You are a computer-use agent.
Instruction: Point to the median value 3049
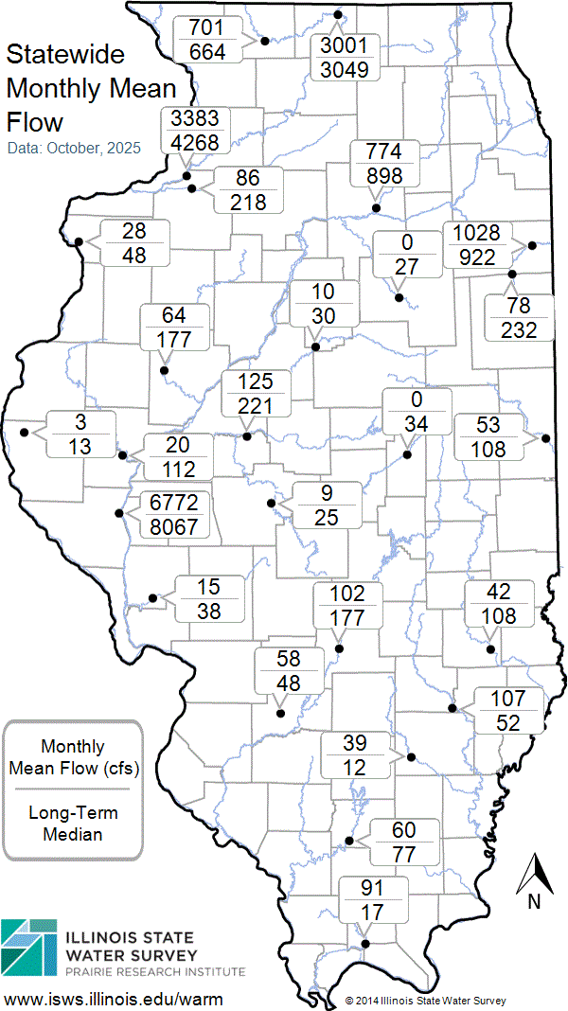[349, 69]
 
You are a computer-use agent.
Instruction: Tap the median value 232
[520, 329]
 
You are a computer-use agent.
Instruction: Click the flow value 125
[256, 381]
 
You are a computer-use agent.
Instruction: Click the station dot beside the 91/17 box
[365, 943]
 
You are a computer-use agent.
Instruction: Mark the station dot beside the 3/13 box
[24, 433]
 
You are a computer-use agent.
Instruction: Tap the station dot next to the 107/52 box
[453, 707]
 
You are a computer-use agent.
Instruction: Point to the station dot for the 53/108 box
[546, 437]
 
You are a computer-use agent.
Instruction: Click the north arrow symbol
[534, 875]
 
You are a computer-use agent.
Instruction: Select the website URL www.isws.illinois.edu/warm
[115, 999]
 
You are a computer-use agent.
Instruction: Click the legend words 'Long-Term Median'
[72, 824]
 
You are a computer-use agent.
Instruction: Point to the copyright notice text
[425, 1000]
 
